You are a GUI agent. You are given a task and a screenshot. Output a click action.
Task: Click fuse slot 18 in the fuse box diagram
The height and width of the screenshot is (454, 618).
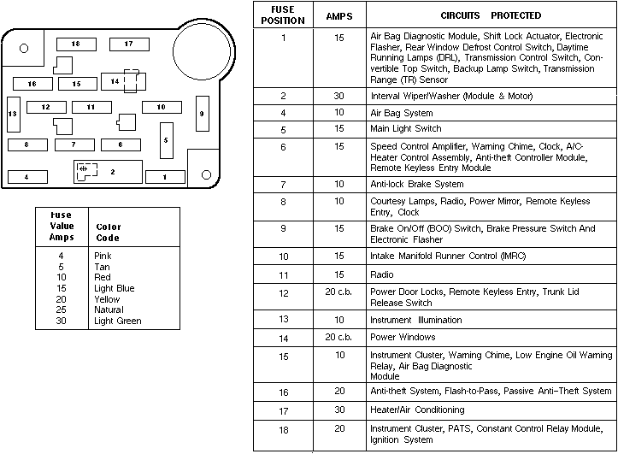pyautogui.click(x=75, y=44)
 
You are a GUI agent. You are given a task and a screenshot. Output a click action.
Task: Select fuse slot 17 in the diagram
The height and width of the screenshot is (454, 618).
pyautogui.click(x=128, y=44)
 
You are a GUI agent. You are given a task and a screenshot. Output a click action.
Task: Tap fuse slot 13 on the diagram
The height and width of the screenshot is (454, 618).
pyautogui.click(x=13, y=114)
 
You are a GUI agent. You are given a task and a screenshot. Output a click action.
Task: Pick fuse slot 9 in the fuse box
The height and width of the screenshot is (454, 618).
pyautogui.click(x=202, y=114)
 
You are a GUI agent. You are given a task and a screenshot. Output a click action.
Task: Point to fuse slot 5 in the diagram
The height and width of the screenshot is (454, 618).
pyautogui.click(x=167, y=139)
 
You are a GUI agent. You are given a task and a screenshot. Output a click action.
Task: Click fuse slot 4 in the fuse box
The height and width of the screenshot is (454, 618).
pyautogui.click(x=27, y=177)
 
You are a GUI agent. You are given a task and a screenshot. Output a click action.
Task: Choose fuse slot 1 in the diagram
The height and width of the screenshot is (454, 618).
pyautogui.click(x=165, y=177)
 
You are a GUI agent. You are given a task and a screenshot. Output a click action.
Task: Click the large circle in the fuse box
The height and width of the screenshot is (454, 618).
pyautogui.click(x=199, y=46)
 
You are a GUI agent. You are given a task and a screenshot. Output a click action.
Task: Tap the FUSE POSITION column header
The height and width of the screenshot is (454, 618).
pyautogui.click(x=283, y=15)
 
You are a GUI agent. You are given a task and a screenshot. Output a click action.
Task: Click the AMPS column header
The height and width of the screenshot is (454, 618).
pyautogui.click(x=338, y=15)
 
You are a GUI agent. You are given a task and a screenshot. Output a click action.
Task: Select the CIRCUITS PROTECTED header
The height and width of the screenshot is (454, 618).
pyautogui.click(x=491, y=15)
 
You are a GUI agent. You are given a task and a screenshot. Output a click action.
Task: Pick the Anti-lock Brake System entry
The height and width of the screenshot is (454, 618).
pyautogui.click(x=417, y=184)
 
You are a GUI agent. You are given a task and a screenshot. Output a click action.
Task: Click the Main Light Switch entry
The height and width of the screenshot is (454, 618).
pyautogui.click(x=405, y=128)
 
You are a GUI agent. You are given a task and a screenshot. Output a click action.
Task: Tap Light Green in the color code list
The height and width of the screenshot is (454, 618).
pyautogui.click(x=117, y=321)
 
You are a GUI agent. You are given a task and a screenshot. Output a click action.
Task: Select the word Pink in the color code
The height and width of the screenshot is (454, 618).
pyautogui.click(x=102, y=256)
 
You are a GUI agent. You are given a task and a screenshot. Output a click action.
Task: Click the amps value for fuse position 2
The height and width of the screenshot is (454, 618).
pyautogui.click(x=338, y=96)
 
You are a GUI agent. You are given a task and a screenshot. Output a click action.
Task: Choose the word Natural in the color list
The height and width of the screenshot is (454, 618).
pyautogui.click(x=109, y=310)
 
